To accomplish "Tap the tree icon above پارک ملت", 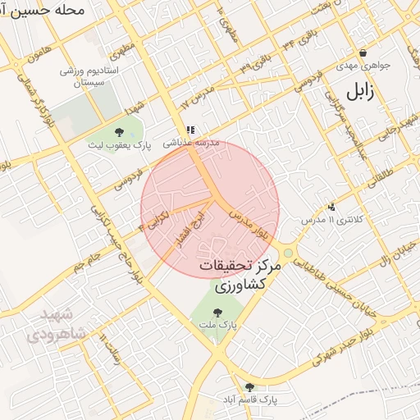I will click(217, 312).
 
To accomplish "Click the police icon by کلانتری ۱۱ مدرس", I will click(331, 207).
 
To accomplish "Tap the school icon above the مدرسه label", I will click(191, 130).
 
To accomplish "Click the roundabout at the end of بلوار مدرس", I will click(288, 252).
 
